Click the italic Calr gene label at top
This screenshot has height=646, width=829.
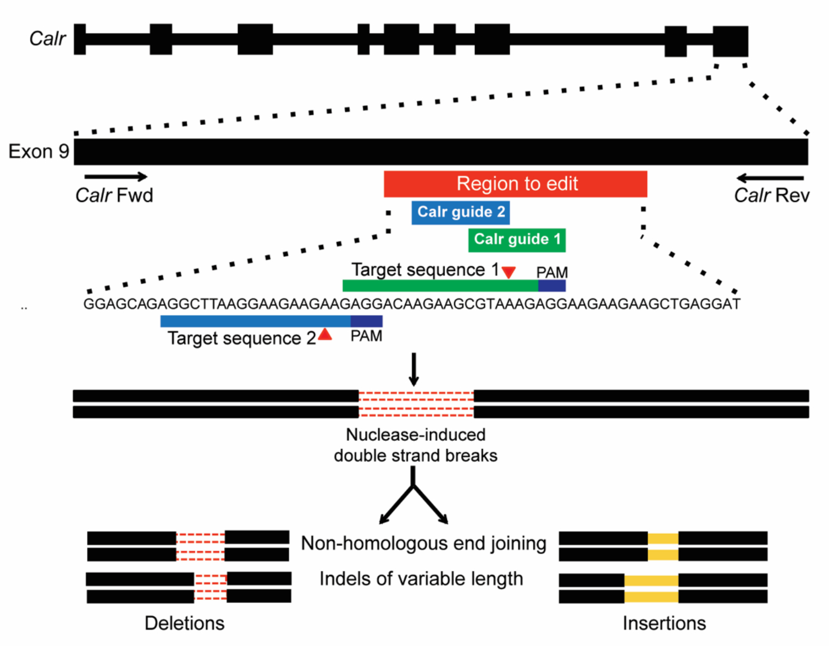(47, 39)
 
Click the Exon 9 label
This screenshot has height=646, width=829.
(38, 151)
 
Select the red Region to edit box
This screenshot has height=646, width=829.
(515, 184)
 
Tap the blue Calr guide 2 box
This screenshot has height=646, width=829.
(461, 212)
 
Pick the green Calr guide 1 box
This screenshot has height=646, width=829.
(517, 240)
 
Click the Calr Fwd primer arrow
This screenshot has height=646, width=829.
(115, 177)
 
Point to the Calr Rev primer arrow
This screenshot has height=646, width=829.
(770, 178)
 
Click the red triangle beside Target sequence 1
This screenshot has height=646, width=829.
(509, 272)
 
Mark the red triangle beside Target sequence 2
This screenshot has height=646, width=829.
(325, 335)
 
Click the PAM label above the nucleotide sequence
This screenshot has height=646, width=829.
(552, 272)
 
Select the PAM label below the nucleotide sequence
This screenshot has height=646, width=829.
(366, 336)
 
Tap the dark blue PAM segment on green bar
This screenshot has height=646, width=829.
(551, 286)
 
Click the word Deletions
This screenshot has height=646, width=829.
(185, 623)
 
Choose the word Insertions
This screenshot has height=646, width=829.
(664, 623)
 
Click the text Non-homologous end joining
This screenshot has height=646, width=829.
(423, 544)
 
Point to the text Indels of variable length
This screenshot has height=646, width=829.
(421, 579)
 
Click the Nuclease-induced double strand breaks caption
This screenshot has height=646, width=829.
(416, 445)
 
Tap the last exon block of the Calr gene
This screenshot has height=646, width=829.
(730, 41)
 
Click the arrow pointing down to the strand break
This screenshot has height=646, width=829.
(414, 369)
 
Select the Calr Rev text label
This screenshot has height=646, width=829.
(771, 195)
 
